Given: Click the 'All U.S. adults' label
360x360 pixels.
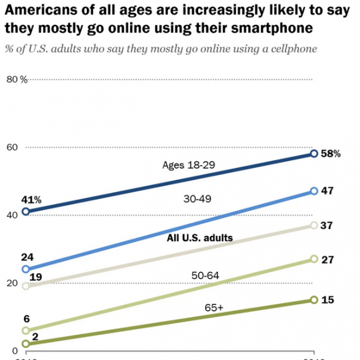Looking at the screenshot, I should [x=199, y=238].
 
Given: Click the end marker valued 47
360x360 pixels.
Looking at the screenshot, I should [x=314, y=191].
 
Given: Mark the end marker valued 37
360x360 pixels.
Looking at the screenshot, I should [x=314, y=225].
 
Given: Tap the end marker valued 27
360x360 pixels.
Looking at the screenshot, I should [x=314, y=259].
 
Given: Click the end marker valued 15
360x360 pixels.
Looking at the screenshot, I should [x=314, y=299].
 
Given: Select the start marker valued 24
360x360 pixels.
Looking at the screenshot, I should [x=25, y=269].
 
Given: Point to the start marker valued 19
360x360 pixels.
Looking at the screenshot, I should [x=25, y=286].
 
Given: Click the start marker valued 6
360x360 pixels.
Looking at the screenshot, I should [x=25, y=330].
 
